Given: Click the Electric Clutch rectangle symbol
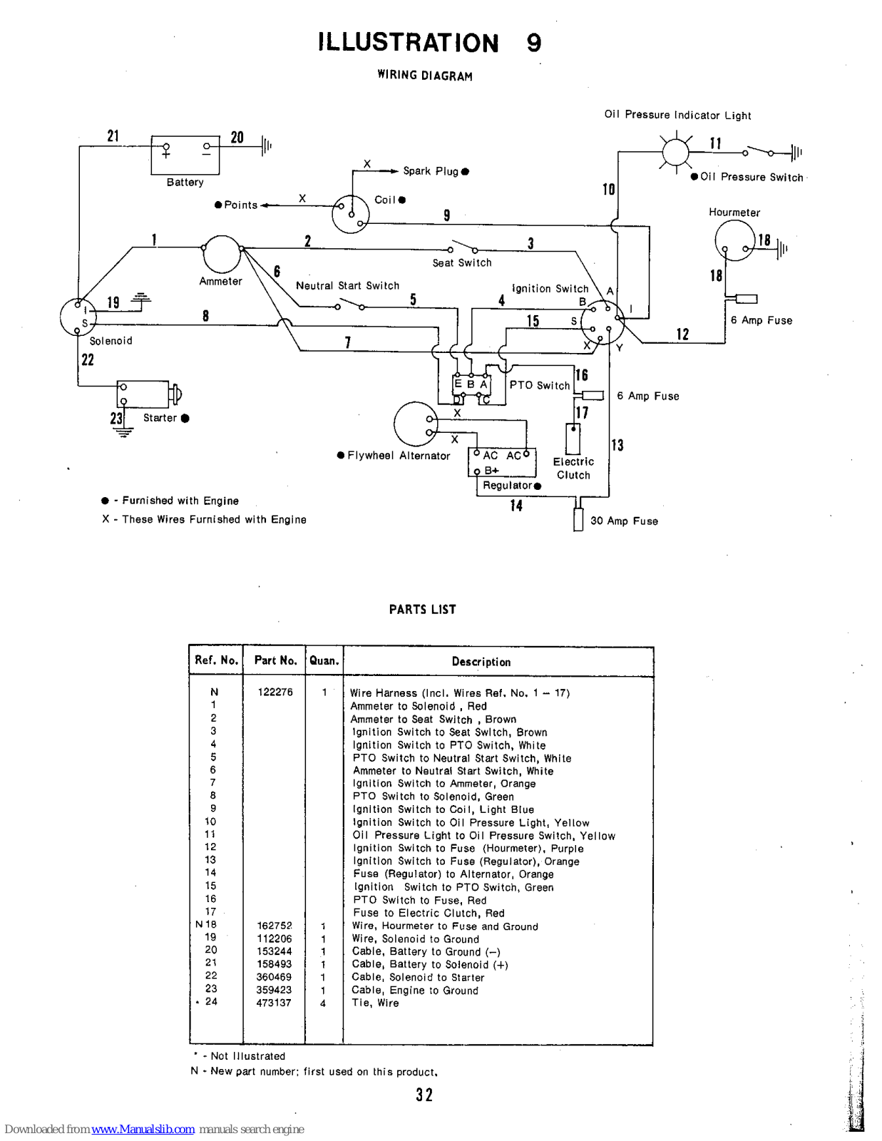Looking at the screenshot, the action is (573, 439).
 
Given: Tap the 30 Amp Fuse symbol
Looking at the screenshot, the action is (578, 519).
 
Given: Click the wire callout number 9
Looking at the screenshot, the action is (447, 215).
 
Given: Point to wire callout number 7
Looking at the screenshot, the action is (347, 343).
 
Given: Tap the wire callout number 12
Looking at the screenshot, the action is (682, 334).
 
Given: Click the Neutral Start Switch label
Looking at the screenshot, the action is (347, 286).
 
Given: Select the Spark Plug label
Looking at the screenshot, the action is (431, 171).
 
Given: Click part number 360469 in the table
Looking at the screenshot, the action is (274, 977).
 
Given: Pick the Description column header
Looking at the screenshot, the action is (481, 662).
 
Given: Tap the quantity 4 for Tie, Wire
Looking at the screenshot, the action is (323, 1003).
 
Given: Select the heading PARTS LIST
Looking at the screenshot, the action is (423, 609).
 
